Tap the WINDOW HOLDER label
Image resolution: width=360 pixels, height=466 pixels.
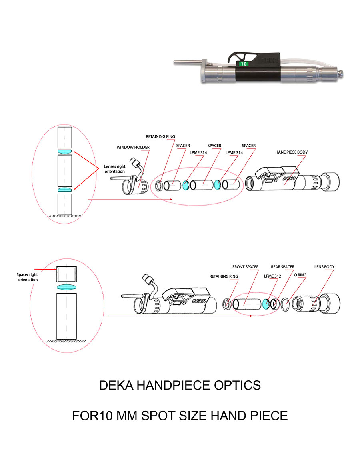click(133, 148)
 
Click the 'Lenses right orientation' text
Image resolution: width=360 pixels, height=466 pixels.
click(115, 169)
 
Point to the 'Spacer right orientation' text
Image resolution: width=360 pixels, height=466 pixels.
click(27, 277)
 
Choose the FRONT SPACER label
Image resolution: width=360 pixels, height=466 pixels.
click(245, 267)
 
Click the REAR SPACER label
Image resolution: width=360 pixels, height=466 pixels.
click(282, 267)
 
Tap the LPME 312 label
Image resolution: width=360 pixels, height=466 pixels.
click(272, 276)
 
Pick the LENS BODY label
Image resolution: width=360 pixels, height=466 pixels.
click(324, 267)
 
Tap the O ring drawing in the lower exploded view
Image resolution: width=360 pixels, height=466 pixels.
click(285, 304)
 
